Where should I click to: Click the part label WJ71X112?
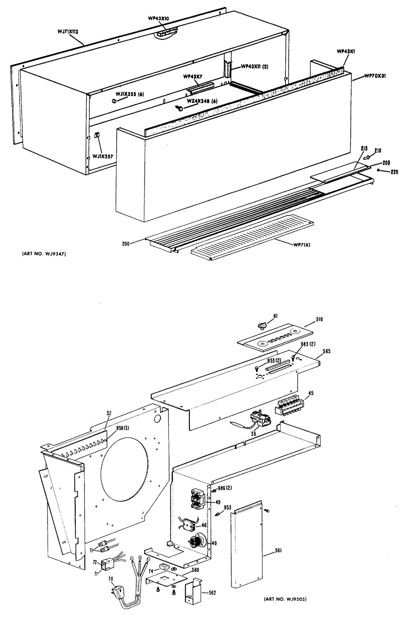point(68,32)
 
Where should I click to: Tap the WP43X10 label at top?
point(159,18)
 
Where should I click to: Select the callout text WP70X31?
point(375,76)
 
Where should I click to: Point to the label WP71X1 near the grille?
point(302,245)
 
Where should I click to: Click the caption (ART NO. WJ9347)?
point(44,254)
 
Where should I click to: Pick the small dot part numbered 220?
point(378,170)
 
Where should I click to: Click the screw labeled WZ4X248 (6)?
point(179,108)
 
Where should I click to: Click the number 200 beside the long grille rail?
point(126,244)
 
